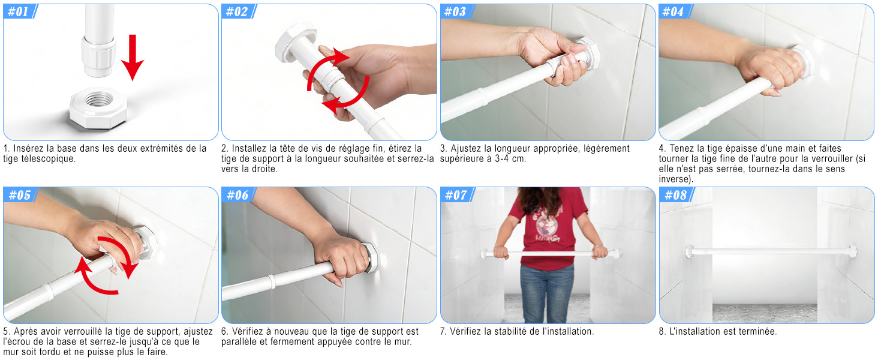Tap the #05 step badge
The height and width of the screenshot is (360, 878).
(20, 194)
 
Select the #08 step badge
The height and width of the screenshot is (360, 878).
(676, 194)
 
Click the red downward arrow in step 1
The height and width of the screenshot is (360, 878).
(133, 57)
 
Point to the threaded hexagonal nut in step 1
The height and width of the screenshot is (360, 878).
(98, 108)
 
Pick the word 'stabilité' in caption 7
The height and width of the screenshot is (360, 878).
(508, 331)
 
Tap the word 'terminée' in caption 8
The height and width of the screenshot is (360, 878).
(755, 331)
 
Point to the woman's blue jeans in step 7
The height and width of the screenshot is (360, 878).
(547, 292)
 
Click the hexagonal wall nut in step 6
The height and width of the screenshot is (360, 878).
(371, 257)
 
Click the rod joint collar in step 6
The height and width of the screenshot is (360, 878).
(270, 281)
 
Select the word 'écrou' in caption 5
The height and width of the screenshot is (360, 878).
(20, 342)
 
